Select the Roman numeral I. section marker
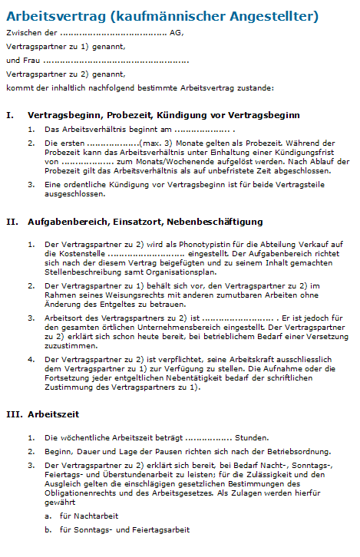[x=9, y=115]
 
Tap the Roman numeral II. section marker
[x=12, y=222]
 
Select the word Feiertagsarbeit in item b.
[x=159, y=529]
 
